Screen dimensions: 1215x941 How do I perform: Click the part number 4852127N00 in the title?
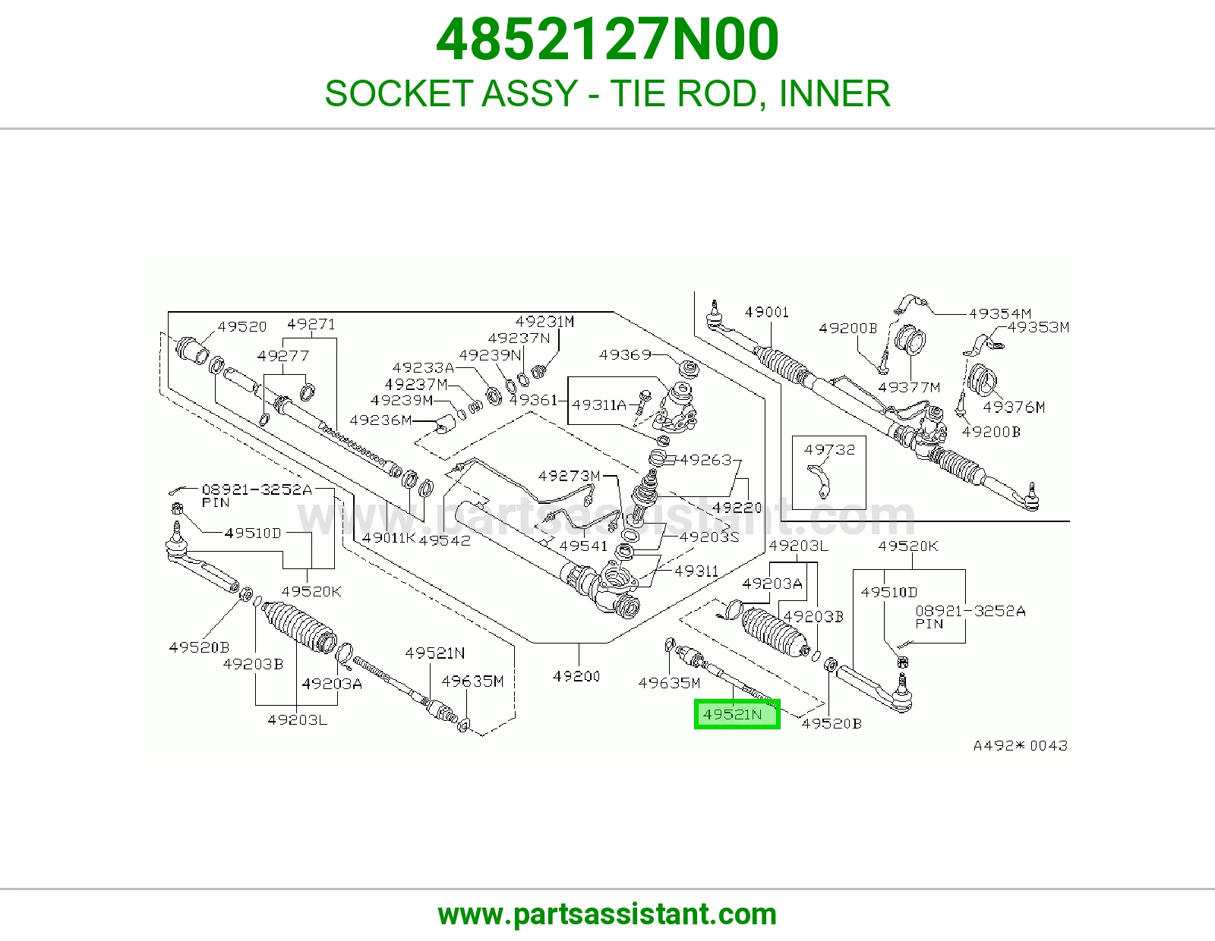tap(607, 39)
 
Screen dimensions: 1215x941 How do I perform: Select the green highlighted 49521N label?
tap(737, 714)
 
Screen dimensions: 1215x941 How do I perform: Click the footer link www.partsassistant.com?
tap(607, 914)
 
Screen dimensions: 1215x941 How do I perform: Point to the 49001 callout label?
tap(766, 312)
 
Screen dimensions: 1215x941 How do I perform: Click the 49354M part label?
tap(1000, 313)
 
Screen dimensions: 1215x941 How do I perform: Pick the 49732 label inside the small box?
tap(829, 449)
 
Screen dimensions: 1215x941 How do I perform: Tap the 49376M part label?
tap(1014, 408)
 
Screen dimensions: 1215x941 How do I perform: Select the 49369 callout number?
tap(625, 355)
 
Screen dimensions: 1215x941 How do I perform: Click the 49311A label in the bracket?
tap(599, 404)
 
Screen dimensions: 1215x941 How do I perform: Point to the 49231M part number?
tap(544, 321)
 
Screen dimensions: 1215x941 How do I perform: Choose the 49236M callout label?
tap(380, 420)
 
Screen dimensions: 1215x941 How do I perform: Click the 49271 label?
tap(311, 324)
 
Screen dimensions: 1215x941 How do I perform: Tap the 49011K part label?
tap(389, 538)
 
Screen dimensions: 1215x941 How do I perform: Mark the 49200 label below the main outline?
tap(576, 676)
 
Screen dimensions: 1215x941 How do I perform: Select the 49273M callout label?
tap(569, 476)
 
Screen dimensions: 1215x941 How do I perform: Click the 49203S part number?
tap(709, 537)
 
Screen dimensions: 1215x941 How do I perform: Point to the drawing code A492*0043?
tap(1021, 745)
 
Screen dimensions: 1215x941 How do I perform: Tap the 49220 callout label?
tap(737, 508)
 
